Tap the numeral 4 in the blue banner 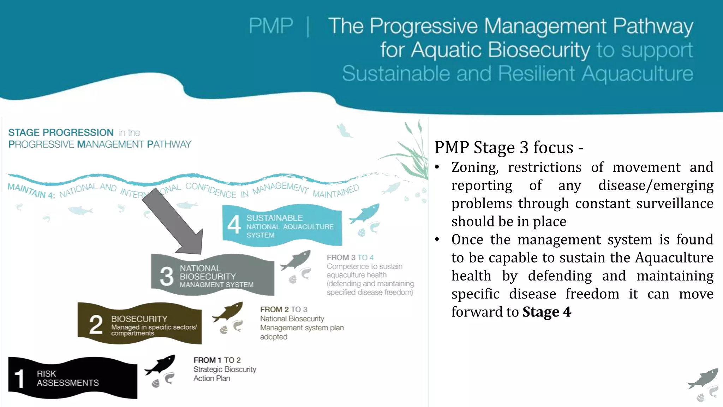[x=234, y=225]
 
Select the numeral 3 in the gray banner [x=166, y=276]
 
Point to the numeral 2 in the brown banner [x=96, y=325]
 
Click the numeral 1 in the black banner [x=19, y=378]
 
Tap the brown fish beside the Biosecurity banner [x=229, y=312]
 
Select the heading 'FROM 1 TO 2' [x=217, y=360]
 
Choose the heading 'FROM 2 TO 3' [x=283, y=309]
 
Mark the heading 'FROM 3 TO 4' [x=350, y=258]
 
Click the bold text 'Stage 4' [x=546, y=312]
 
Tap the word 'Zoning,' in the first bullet [x=475, y=167]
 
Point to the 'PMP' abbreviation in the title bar [x=271, y=26]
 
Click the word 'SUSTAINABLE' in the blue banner [x=274, y=218]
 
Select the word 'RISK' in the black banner [x=46, y=373]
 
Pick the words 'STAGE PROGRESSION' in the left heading [x=61, y=132]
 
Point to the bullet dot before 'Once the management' [x=437, y=240]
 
